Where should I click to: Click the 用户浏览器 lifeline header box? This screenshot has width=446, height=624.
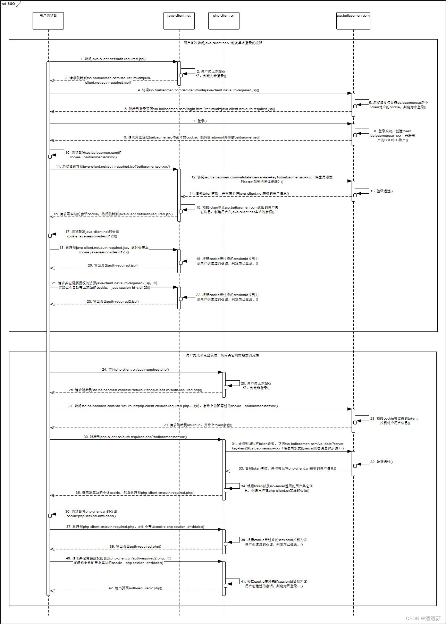(48, 21)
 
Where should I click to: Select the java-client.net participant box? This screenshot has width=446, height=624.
(179, 21)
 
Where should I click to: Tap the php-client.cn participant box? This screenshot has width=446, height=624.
(224, 21)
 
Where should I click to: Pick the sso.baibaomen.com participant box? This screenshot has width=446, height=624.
(353, 21)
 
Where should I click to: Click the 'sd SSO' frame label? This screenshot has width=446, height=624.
(9, 3)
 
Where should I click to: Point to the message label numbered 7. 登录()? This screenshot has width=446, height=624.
(200, 121)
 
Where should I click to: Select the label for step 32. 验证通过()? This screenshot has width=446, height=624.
(381, 462)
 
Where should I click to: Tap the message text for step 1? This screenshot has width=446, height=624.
(113, 59)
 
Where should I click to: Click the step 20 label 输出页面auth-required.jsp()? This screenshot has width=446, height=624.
(112, 265)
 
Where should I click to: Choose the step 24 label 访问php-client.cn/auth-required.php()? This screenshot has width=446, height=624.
(135, 370)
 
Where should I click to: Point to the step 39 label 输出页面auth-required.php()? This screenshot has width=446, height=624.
(135, 547)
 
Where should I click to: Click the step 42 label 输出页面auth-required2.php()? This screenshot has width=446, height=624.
(135, 588)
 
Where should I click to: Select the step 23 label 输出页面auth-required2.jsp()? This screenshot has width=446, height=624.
(112, 302)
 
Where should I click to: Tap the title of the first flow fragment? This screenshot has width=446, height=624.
(223, 43)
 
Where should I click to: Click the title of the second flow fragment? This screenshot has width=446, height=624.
(222, 355)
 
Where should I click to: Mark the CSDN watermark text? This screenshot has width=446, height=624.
(423, 618)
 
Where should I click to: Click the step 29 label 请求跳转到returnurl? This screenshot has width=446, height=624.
(198, 425)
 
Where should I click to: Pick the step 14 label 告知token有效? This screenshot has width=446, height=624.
(239, 194)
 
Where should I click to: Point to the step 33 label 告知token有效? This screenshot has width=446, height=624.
(287, 469)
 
